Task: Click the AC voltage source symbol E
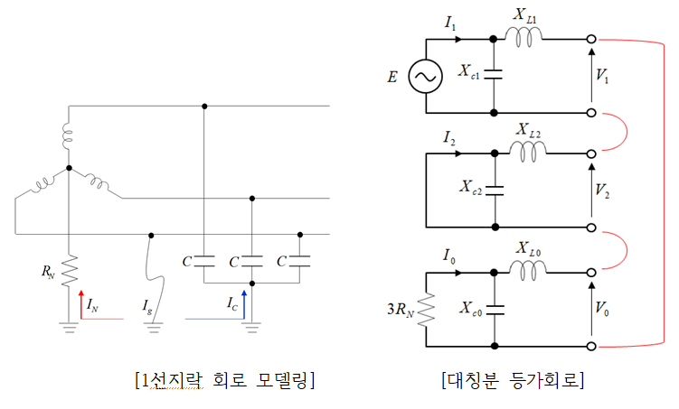coord(425,77)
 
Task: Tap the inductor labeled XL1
coord(523,36)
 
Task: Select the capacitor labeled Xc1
coord(494,75)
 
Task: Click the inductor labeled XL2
coord(527,151)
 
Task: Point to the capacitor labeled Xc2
coord(495,191)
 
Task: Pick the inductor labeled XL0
coord(527,270)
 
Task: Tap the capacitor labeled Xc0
coord(495,310)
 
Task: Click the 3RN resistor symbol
coord(426,310)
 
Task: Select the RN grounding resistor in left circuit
coord(69,271)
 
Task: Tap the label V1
coord(602,76)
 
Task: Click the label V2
coord(602,191)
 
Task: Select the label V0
coord(602,309)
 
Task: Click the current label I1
coord(450,23)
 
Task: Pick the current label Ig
coord(147,307)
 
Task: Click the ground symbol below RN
coord(69,328)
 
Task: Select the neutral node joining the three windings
coord(69,168)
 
